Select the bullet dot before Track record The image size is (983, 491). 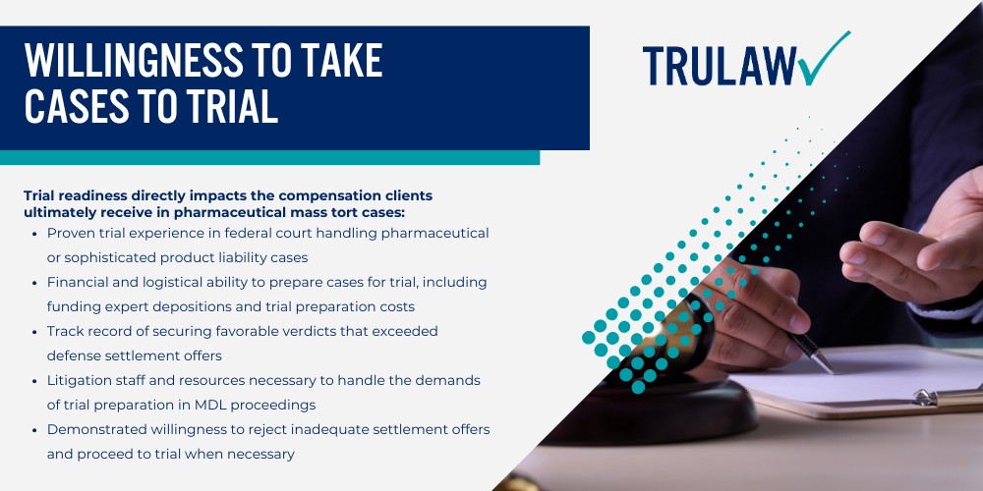click(36, 331)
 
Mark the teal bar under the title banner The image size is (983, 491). click(269, 157)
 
